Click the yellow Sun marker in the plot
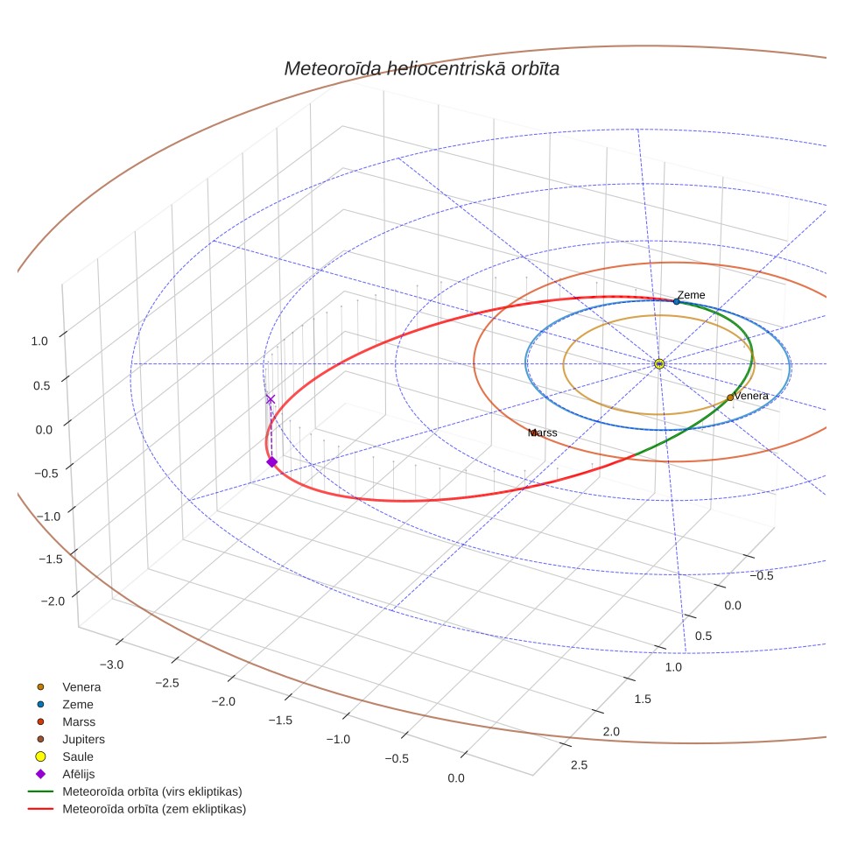(x=659, y=364)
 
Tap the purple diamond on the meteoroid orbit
(x=271, y=461)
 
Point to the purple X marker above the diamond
(x=271, y=399)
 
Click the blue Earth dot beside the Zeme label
(x=677, y=301)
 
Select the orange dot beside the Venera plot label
(x=730, y=397)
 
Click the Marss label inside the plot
(x=543, y=433)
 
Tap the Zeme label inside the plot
(x=691, y=295)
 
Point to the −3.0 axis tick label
(x=111, y=665)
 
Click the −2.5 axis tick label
(x=167, y=683)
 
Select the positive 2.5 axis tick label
(x=580, y=765)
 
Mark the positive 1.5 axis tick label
(x=643, y=700)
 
